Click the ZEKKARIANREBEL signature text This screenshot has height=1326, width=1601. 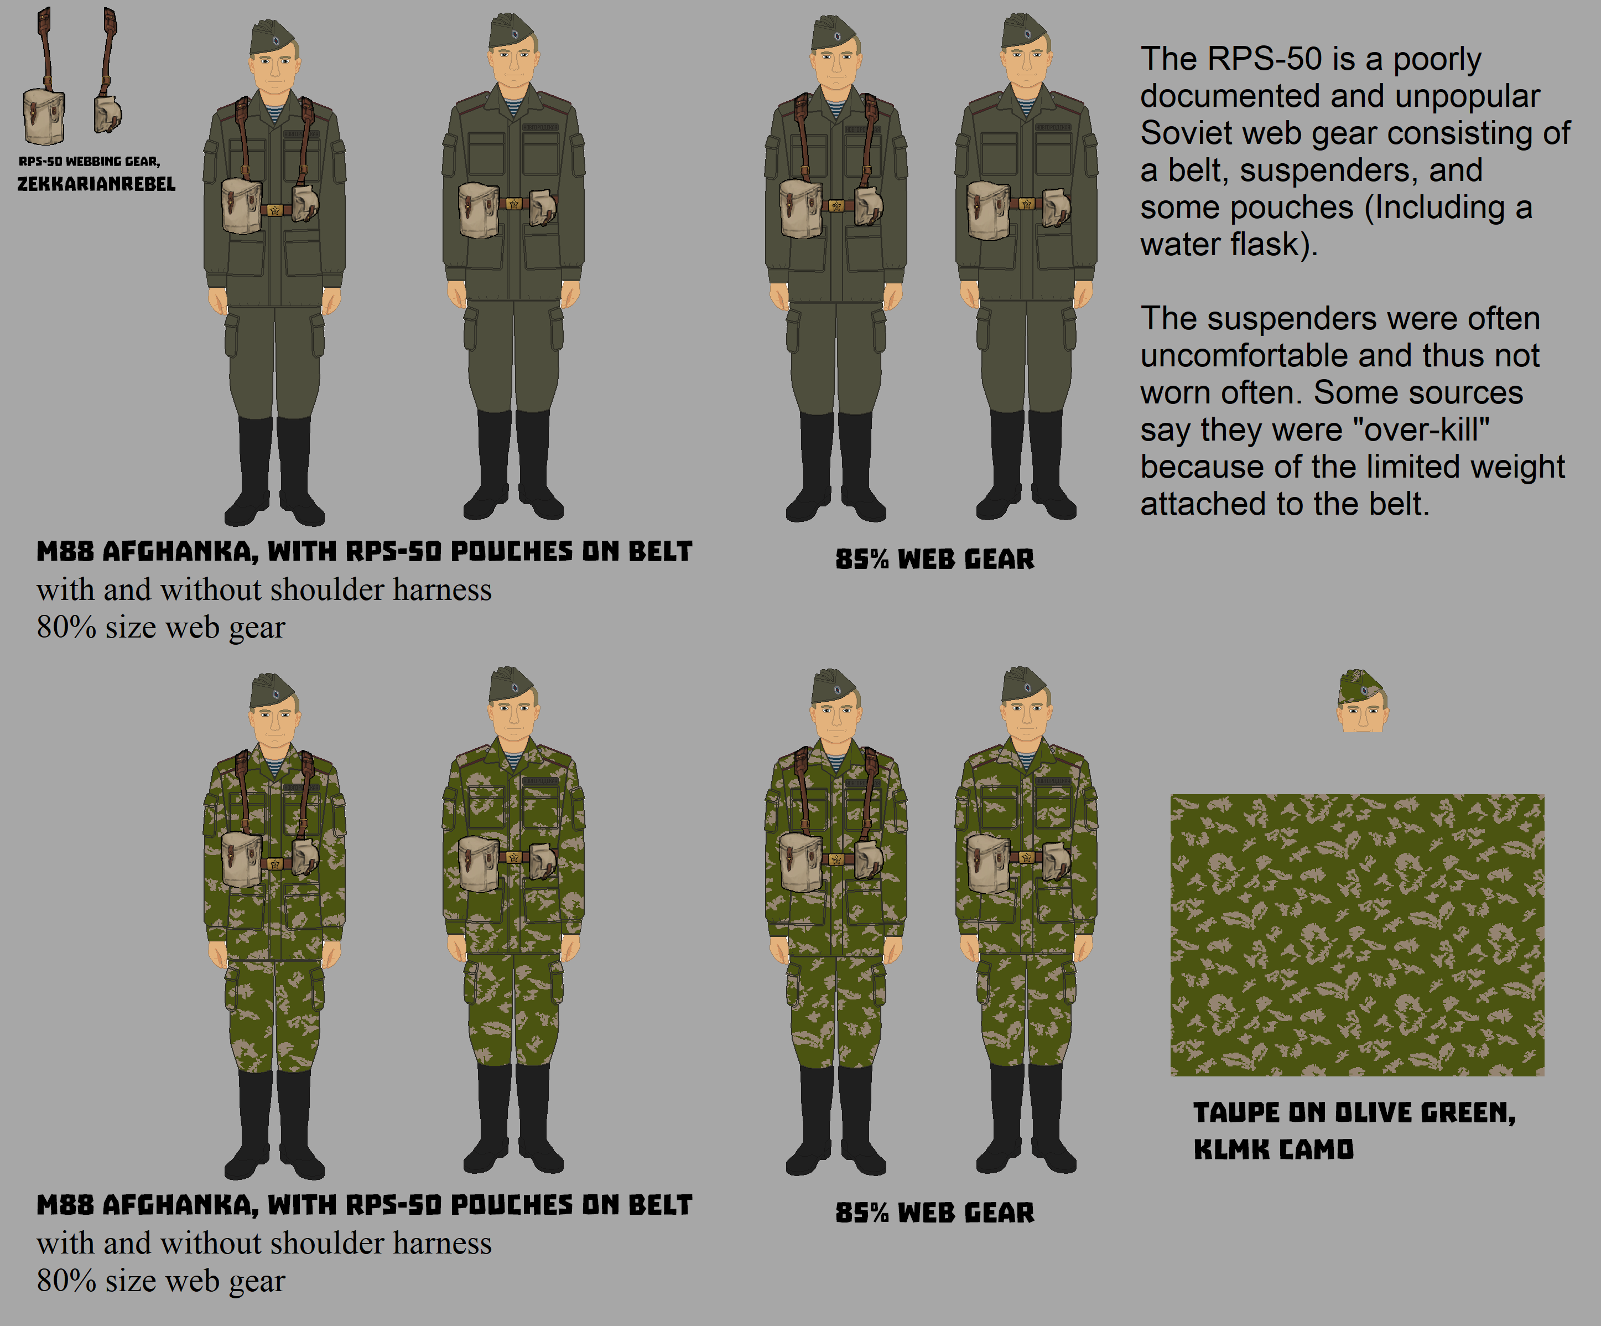pos(96,184)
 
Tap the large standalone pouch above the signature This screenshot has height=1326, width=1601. pos(44,116)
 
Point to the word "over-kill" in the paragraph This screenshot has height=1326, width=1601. pos(1420,430)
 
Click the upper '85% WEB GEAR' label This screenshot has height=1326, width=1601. pos(935,559)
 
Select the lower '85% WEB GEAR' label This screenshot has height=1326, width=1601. pos(935,1213)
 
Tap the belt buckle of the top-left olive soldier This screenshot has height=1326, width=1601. pos(275,210)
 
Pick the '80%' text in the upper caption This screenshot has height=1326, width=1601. pos(66,628)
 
